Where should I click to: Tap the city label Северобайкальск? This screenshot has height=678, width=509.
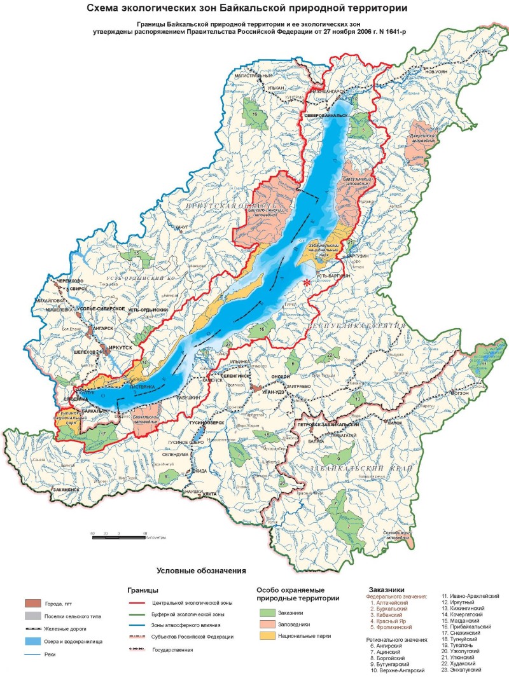click(x=326, y=116)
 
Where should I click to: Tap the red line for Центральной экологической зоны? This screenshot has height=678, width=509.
click(x=136, y=602)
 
